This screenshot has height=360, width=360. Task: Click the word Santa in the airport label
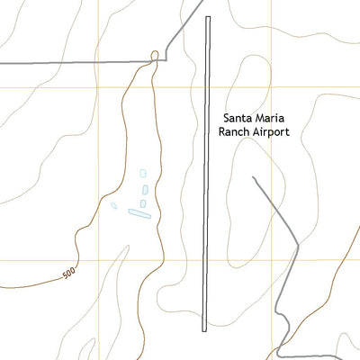238,118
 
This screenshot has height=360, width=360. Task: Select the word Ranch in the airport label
235,131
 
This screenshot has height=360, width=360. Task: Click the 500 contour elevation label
70,273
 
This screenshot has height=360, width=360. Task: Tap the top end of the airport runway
208,18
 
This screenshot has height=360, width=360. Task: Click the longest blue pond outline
138,213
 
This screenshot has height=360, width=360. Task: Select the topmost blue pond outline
142,173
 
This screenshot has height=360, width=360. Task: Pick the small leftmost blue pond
113,205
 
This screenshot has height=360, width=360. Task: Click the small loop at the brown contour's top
156,57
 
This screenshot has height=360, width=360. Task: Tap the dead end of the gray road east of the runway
253,177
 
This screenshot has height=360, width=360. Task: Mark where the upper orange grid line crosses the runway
208,87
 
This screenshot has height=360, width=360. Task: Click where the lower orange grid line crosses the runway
207,260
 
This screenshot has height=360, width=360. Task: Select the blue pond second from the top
146,189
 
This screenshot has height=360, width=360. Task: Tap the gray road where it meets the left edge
2,63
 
